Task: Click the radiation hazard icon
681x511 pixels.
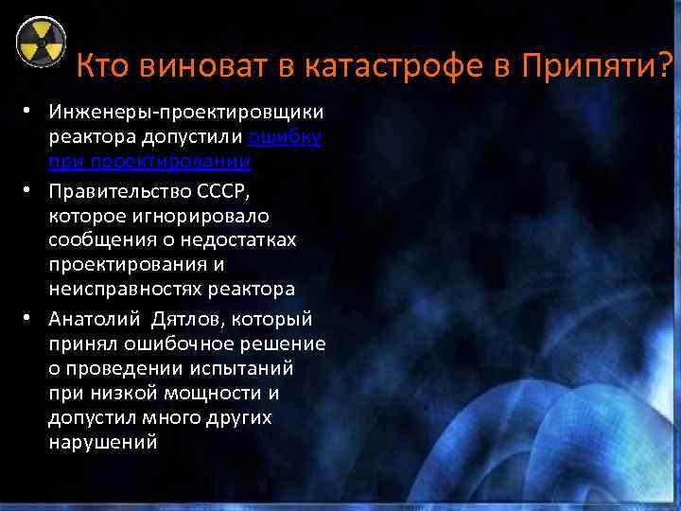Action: [41, 42]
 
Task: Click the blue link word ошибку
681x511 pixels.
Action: [285, 139]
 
